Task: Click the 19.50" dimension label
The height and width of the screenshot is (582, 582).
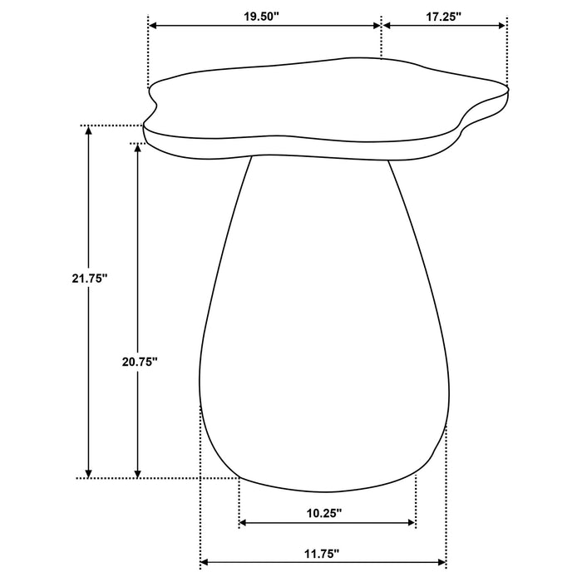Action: pos(264,15)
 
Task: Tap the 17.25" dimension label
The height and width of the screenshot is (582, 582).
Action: pos(445,15)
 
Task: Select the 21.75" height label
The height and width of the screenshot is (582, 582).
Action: pos(91,279)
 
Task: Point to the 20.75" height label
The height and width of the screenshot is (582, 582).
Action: pos(138,361)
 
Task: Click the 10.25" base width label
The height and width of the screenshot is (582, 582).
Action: pos(326,514)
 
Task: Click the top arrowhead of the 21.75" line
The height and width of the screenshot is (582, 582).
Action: pos(88,131)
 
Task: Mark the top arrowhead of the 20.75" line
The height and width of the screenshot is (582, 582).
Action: pos(139,148)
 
